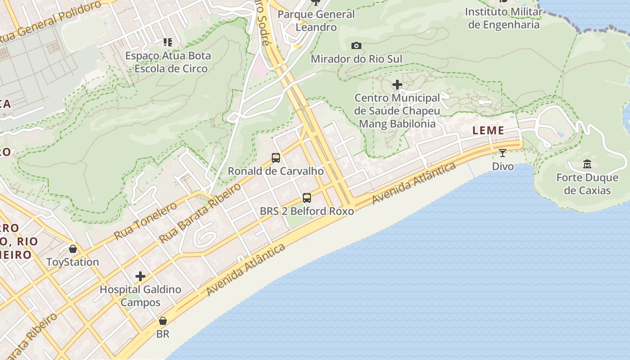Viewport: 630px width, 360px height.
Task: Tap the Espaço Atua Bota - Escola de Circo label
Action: point(168,62)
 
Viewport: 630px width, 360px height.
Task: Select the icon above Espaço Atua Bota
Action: point(168,42)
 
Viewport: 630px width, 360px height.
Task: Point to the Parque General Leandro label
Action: point(316,21)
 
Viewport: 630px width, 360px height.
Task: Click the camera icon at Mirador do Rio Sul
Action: point(356,45)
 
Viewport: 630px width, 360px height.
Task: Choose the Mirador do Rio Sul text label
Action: point(356,59)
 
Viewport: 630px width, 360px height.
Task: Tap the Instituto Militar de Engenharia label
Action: point(503,18)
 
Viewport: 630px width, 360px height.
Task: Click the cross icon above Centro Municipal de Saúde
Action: point(397,84)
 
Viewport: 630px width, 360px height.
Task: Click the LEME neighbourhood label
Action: point(488,130)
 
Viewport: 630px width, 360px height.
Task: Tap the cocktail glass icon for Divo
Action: point(503,153)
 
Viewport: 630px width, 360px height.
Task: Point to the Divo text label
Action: point(503,166)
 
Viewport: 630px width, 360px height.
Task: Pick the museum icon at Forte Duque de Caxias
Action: point(587,164)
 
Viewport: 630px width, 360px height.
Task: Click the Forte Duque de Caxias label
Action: point(587,184)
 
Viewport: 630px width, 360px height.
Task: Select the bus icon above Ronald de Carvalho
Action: point(276,158)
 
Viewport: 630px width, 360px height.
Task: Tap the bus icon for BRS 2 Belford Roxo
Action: point(307,198)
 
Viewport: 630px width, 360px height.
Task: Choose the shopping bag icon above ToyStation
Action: point(72,249)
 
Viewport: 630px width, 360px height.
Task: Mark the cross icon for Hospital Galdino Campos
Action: point(140,276)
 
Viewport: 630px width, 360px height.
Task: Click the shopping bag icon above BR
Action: point(163,321)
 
